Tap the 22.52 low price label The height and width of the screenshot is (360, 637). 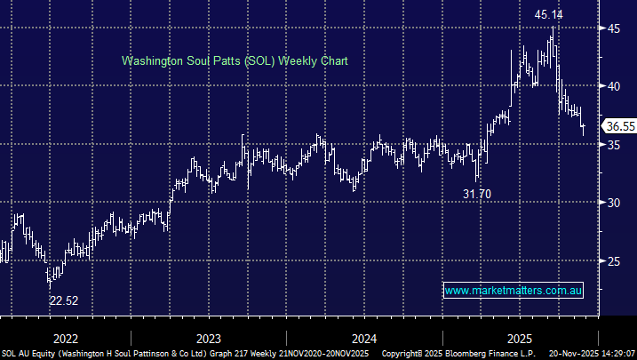63,300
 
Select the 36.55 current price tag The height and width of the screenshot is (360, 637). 618,127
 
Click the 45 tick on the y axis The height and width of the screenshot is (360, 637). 613,28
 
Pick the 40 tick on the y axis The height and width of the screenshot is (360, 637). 613,86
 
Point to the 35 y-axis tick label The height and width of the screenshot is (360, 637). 613,144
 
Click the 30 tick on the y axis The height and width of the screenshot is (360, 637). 613,203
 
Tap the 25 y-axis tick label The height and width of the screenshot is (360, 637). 613,260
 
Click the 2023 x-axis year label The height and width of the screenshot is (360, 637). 209,338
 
